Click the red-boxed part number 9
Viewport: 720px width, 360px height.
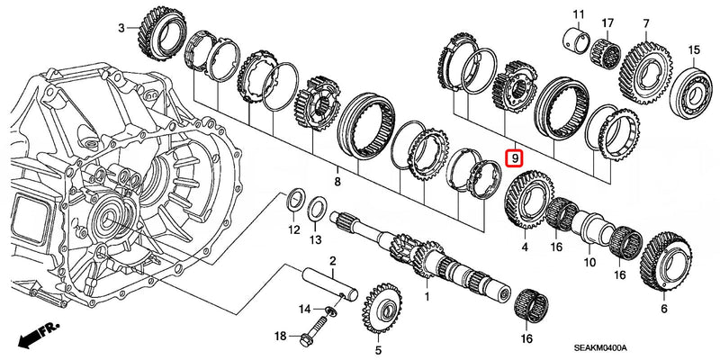[x=516, y=158]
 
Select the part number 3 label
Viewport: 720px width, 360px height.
[x=122, y=29]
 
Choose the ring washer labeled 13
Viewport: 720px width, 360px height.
[x=317, y=211]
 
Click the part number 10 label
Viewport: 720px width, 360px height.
[x=589, y=263]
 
